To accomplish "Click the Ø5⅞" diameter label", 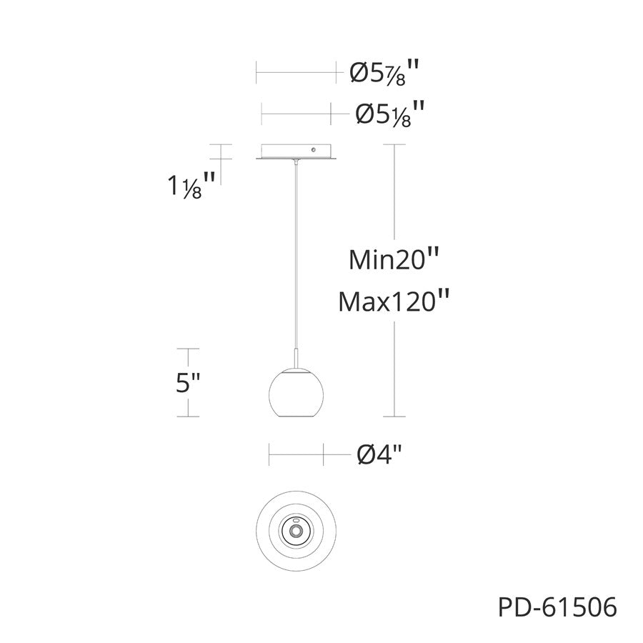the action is (384, 73).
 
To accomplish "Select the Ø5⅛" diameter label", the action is (389, 114).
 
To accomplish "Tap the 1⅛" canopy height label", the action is (191, 185).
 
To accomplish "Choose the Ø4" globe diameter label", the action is (379, 454).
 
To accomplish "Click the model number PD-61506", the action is (557, 607).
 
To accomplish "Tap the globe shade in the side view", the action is (296, 393).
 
